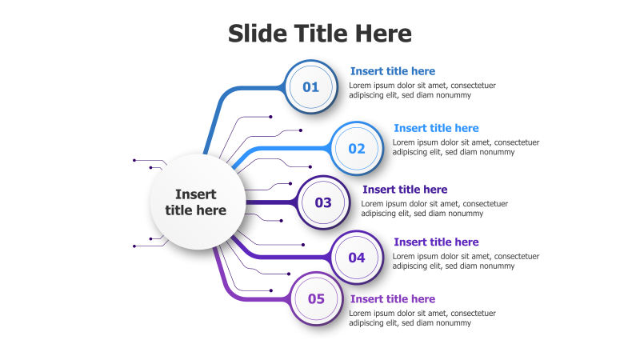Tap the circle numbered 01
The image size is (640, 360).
(x=311, y=87)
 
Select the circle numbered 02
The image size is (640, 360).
(x=357, y=149)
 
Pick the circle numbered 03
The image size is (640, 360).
(x=323, y=202)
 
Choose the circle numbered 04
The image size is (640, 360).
(x=357, y=258)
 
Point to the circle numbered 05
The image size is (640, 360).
(x=316, y=298)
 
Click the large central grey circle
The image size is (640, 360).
(x=198, y=202)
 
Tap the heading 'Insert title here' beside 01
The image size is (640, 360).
(x=393, y=71)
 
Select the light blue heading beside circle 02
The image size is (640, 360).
(x=436, y=128)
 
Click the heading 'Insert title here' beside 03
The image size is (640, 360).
(x=405, y=190)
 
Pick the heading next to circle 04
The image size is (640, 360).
(x=436, y=242)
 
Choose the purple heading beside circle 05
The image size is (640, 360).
(x=393, y=298)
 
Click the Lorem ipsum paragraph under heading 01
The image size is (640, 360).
(x=422, y=90)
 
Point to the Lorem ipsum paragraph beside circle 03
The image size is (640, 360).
(x=434, y=209)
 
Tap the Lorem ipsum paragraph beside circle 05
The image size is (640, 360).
(x=422, y=318)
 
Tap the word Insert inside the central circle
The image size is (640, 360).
(x=196, y=194)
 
